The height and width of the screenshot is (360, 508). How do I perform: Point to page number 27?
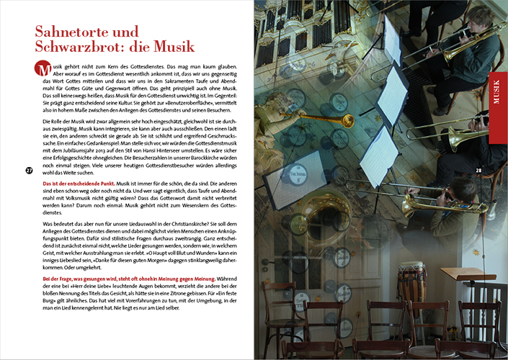click(x=29, y=171)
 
